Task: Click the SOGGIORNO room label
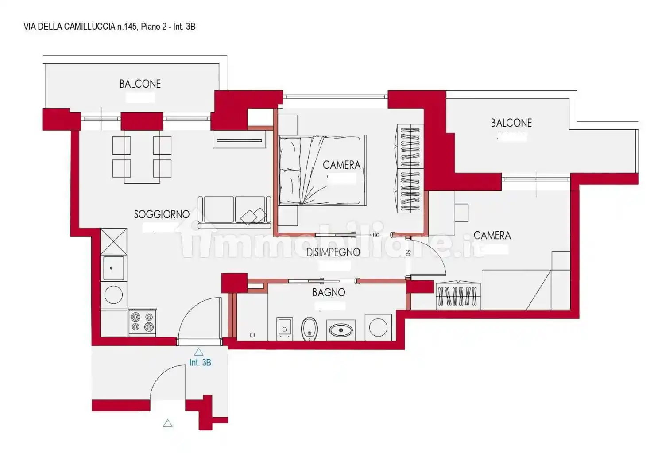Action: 162,214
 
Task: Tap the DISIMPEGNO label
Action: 333,252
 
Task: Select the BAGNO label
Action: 329,292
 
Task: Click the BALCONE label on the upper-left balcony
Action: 140,84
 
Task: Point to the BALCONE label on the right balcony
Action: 511,123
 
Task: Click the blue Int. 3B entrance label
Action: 200,363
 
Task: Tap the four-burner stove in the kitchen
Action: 143,322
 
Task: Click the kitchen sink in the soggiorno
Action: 114,268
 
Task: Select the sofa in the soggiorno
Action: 234,213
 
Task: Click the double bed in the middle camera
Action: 322,170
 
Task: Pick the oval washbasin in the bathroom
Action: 341,330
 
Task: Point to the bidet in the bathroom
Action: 310,329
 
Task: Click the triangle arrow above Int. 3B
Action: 199,352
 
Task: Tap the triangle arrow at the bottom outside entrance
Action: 168,423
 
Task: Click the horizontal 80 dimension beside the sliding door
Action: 376,235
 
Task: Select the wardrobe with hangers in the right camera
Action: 458,296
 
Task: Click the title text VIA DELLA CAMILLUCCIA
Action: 70,27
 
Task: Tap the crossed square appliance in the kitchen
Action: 114,241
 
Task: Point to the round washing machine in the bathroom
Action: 378,328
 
